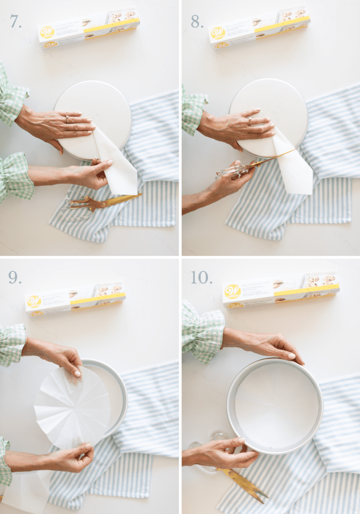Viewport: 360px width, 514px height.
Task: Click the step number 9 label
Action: (x=15, y=278)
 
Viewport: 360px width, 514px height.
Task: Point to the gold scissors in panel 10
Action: (x=243, y=485)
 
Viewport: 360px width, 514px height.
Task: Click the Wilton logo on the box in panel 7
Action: (x=47, y=32)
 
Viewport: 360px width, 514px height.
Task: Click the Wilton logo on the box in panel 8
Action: (x=218, y=32)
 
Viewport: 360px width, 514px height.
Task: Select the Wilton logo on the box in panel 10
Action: (x=233, y=291)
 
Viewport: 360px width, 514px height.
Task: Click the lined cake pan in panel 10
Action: (x=274, y=405)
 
